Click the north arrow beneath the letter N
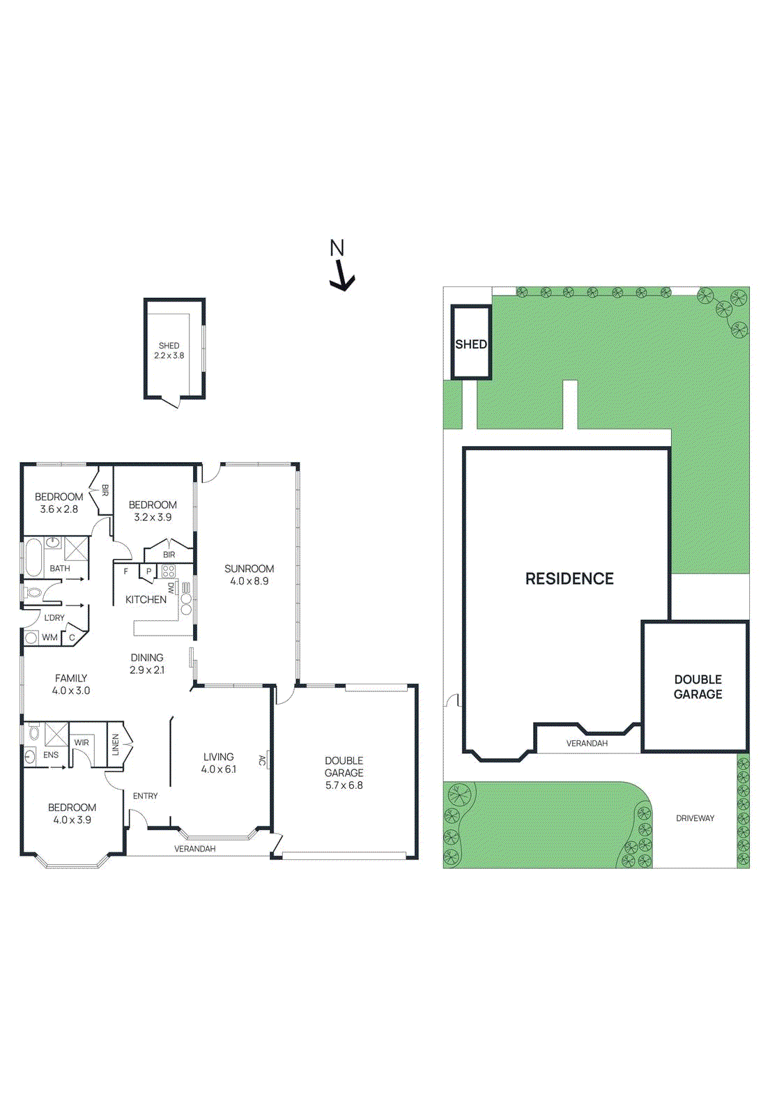click(341, 277)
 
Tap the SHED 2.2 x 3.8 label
click(169, 351)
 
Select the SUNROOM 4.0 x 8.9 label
click(249, 575)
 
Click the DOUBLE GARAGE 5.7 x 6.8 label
click(344, 773)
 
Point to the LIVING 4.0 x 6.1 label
click(218, 763)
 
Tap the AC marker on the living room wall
click(263, 760)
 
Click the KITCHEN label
click(146, 599)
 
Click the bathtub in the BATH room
click(33, 557)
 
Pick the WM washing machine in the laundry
click(31, 637)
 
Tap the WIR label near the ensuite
click(82, 742)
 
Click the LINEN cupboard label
click(116, 744)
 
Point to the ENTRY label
click(145, 796)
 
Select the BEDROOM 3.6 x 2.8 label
click(59, 503)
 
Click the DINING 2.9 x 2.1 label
click(147, 663)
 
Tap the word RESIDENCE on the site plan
click(569, 578)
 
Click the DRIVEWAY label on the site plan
click(695, 818)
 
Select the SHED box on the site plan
click(471, 344)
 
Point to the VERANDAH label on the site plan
click(587, 744)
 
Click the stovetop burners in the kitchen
click(168, 571)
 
